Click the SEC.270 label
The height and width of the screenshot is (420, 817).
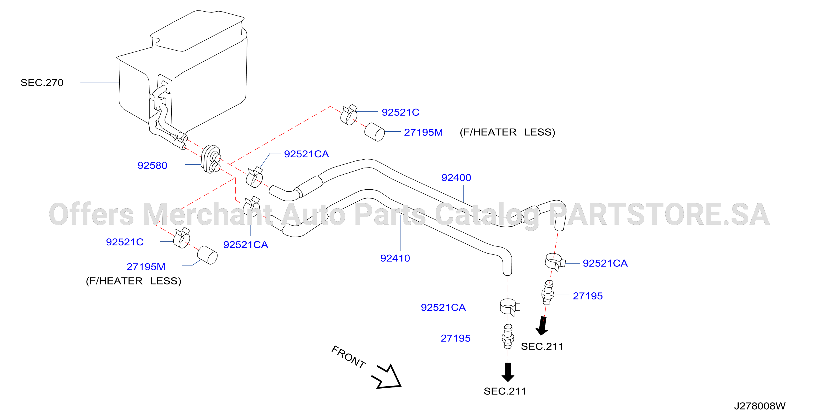(x=42, y=83)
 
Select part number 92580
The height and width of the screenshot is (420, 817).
(x=152, y=165)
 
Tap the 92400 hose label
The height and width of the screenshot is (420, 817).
(x=456, y=177)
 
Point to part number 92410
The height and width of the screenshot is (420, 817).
(x=395, y=258)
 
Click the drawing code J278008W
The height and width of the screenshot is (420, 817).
(x=760, y=406)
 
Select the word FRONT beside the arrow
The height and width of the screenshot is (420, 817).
(x=348, y=357)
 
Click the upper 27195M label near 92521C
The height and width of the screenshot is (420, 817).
(x=423, y=132)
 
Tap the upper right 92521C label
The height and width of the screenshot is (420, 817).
(x=400, y=112)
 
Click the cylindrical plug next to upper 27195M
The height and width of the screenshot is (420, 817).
(x=374, y=132)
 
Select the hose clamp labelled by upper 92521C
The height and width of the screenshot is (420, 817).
(x=349, y=115)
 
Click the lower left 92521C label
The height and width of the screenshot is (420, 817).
(x=125, y=242)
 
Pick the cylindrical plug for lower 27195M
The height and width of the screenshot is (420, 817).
(x=207, y=255)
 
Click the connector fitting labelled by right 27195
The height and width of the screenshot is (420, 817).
(x=548, y=293)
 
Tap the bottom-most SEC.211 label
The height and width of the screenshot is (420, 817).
(x=505, y=391)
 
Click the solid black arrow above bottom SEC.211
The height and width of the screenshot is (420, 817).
(x=508, y=372)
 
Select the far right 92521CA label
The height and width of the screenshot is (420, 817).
(x=605, y=263)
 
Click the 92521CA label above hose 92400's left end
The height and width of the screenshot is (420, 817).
(x=306, y=154)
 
